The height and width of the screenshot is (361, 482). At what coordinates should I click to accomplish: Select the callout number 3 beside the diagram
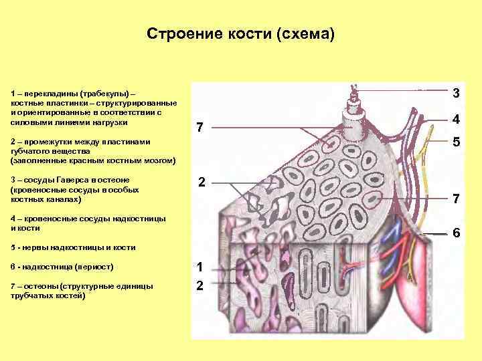[x=456, y=93]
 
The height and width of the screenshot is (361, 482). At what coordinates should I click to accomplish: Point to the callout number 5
[x=456, y=142]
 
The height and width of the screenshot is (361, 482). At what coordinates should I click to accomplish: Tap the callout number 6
[x=456, y=233]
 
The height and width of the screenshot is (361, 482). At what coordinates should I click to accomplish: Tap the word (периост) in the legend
[x=98, y=267]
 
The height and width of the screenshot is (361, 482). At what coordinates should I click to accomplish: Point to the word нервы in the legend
[x=33, y=247]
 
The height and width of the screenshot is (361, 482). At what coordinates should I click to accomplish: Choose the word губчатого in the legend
[x=31, y=152]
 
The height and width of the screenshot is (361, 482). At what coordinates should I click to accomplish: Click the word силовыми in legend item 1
[x=29, y=123]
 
